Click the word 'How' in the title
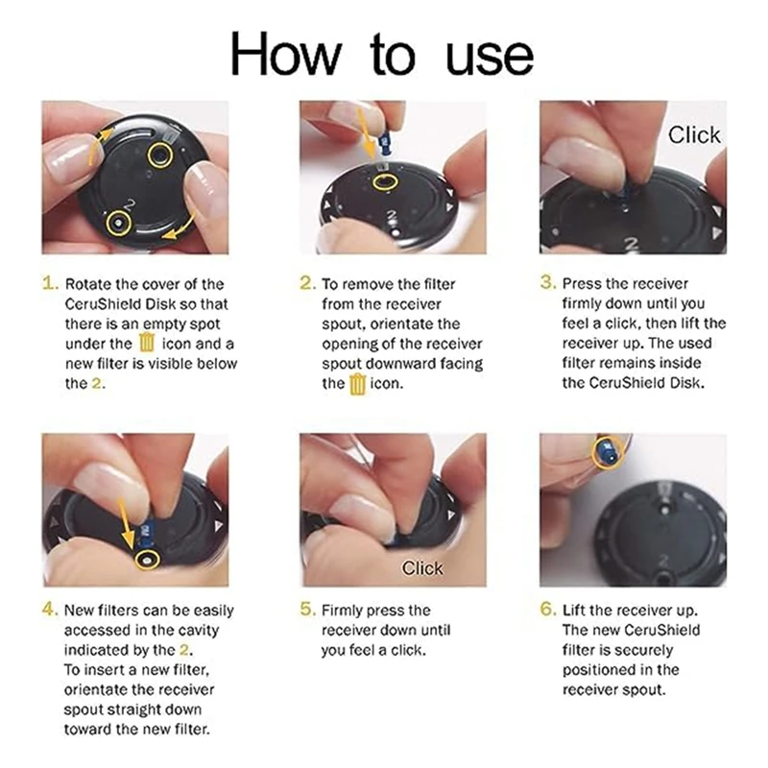(285, 54)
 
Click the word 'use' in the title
(490, 59)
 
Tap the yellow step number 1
(50, 283)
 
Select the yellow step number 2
(308, 283)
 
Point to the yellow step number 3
(548, 282)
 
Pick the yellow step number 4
(50, 610)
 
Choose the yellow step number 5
(308, 610)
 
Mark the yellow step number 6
(548, 610)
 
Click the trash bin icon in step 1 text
(147, 343)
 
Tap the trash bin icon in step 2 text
(358, 383)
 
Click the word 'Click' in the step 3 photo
(694, 134)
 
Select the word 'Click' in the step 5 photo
(422, 568)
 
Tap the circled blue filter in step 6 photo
(608, 452)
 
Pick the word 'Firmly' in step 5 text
(342, 611)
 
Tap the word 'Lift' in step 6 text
(574, 610)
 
